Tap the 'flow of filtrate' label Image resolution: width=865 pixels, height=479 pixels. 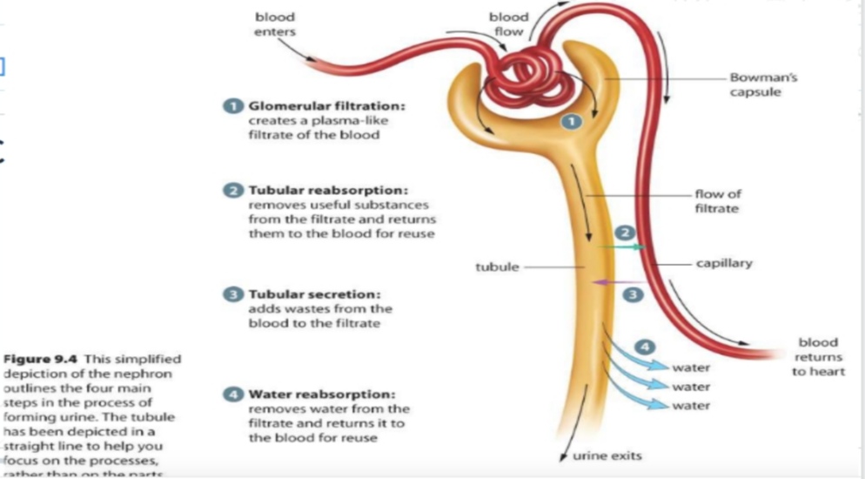[x=718, y=202]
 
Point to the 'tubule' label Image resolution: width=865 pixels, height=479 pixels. [x=496, y=266]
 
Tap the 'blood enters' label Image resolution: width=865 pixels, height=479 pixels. [x=274, y=24]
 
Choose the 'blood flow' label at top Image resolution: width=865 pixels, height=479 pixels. [x=508, y=24]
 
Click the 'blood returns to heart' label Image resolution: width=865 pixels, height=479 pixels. [x=816, y=357]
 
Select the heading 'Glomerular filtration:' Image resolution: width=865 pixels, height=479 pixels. [x=327, y=106]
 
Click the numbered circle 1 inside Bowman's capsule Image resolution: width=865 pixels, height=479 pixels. [x=570, y=123]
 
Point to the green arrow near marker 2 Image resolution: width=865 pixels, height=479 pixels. [x=625, y=247]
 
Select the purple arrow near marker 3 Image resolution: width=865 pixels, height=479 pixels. [x=614, y=282]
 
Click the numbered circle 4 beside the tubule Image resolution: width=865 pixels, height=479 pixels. [x=646, y=346]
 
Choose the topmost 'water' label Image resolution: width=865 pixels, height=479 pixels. [x=691, y=368]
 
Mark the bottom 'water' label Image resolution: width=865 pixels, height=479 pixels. [x=691, y=406]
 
